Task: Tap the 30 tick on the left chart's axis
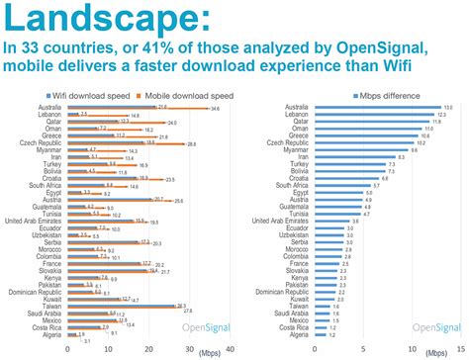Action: click(190, 349)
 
